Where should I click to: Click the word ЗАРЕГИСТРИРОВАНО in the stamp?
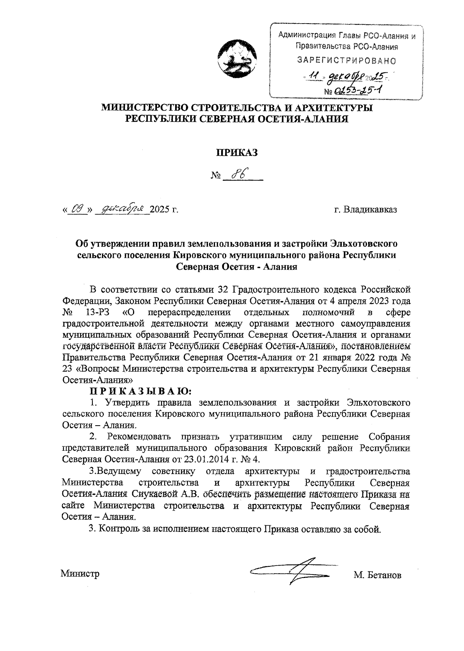coord(346,61)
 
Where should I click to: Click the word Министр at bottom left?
coord(80,573)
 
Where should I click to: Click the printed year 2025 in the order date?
coord(160,210)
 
